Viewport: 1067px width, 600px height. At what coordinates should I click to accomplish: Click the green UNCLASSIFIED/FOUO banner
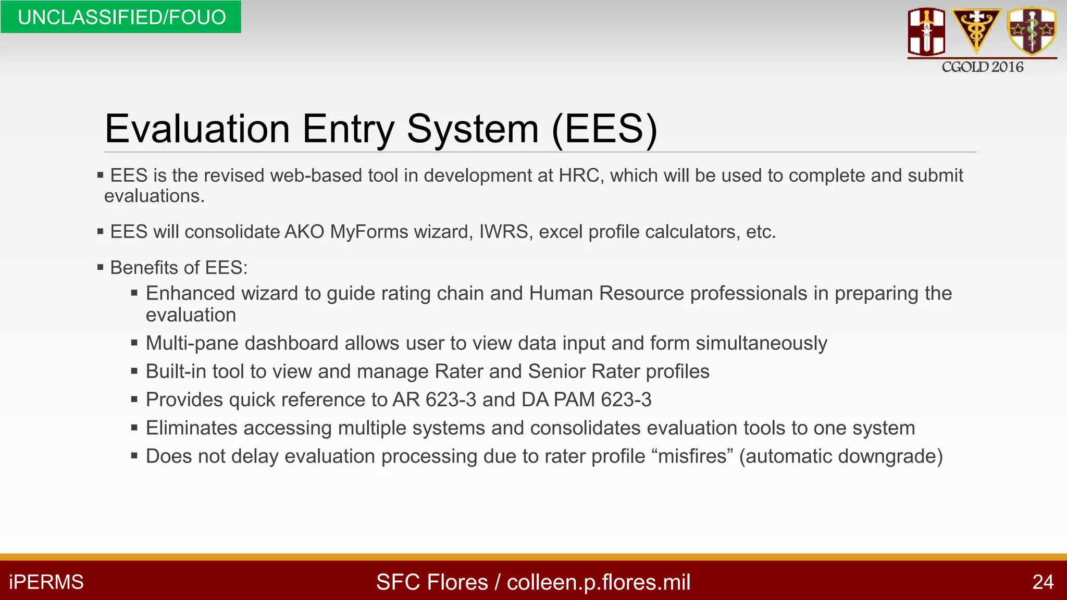121,17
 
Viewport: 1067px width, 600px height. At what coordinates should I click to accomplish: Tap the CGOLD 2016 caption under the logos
982,67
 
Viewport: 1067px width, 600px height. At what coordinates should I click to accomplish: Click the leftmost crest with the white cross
926,31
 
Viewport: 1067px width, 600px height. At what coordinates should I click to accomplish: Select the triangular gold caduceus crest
976,29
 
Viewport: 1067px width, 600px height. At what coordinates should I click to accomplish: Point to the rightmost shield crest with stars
1032,30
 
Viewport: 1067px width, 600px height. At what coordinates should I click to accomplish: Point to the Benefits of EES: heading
179,268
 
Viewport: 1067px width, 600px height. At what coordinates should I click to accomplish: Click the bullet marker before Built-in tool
134,371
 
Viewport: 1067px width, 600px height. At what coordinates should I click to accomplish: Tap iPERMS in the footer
46,582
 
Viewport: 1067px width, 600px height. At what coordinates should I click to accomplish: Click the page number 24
1043,582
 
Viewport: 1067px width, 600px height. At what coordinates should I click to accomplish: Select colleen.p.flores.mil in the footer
599,582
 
